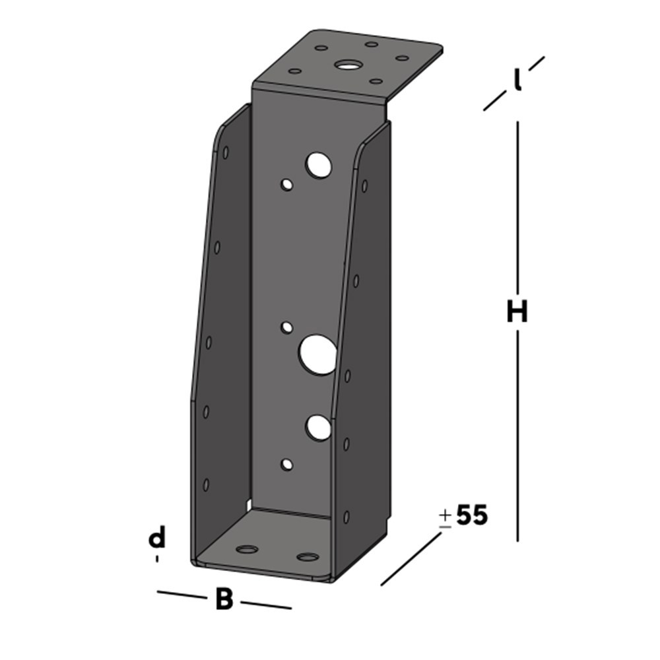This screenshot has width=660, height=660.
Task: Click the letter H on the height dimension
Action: click(517, 312)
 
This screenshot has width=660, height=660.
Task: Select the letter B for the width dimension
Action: click(224, 600)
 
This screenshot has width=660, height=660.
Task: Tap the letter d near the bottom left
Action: click(156, 539)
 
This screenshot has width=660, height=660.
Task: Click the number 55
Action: click(472, 515)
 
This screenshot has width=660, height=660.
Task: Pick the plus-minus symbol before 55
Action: click(445, 519)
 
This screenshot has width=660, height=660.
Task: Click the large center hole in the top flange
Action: click(347, 65)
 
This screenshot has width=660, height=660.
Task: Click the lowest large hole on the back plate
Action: click(317, 428)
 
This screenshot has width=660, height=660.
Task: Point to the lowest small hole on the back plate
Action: click(286, 465)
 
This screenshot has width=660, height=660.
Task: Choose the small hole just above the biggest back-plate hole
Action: click(286, 327)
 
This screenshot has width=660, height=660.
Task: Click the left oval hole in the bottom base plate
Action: click(247, 549)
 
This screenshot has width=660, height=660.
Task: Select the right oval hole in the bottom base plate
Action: click(307, 557)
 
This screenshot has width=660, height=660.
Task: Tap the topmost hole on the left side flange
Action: click(226, 152)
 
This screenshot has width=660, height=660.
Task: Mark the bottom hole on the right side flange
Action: click(346, 517)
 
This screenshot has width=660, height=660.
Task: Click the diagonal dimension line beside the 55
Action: click(411, 559)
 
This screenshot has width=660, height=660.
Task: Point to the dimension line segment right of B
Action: click(265, 605)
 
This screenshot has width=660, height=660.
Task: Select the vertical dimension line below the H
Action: click(517, 436)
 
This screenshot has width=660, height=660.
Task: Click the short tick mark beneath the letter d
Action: click(157, 558)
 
